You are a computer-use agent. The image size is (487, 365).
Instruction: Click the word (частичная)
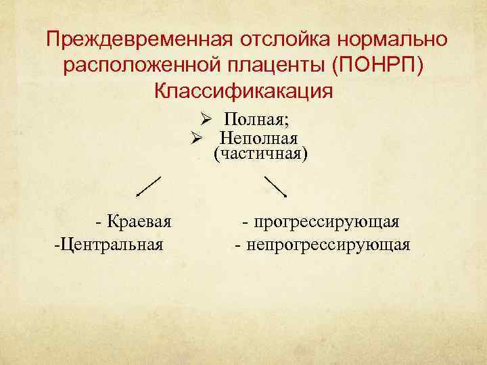click(260, 155)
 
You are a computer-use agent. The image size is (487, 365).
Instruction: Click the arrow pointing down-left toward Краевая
click(149, 186)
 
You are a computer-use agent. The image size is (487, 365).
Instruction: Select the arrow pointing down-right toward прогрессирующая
click(276, 186)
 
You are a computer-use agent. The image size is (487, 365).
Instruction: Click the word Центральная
click(112, 243)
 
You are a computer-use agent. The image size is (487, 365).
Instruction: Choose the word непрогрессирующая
click(328, 243)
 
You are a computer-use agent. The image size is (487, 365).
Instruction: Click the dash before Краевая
click(99, 222)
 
